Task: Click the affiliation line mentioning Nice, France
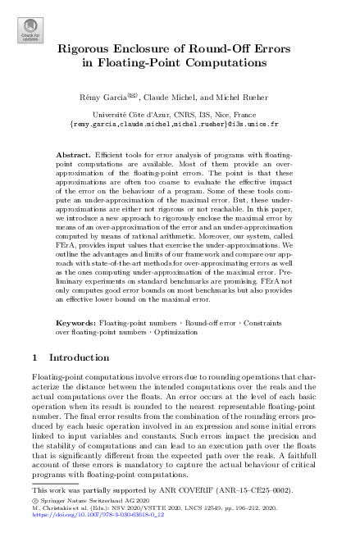180,116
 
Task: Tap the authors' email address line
180,125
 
